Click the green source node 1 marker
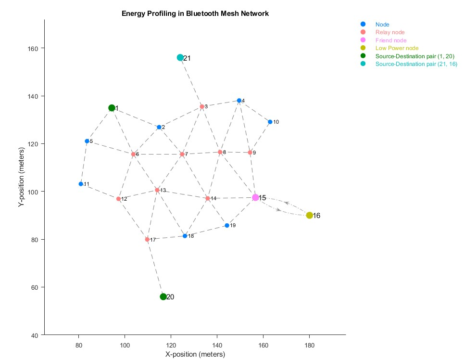[x=112, y=108]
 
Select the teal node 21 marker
[x=180, y=58]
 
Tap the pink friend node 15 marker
[x=255, y=197]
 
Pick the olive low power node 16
[x=309, y=215]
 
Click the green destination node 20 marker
[x=163, y=296]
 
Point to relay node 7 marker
[x=182, y=154]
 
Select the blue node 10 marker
[x=270, y=122]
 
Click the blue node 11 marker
[x=81, y=184]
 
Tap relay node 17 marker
[x=147, y=239]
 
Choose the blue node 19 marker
[x=227, y=225]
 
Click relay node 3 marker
[x=201, y=106]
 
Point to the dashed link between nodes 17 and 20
[x=155, y=268]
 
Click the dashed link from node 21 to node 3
[x=191, y=82]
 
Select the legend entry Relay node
[x=390, y=32]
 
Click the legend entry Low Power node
[x=397, y=48]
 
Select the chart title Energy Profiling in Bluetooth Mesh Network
[x=195, y=13]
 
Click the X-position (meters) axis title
[x=195, y=355]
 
